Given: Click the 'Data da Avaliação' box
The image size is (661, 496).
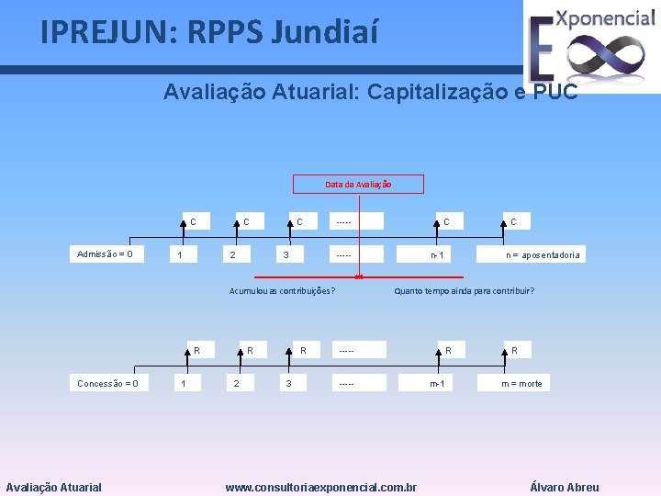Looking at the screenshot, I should pos(358,185).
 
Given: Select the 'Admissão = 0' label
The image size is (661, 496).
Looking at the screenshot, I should pos(105,254).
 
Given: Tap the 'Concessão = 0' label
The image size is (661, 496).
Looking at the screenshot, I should pos(108,383).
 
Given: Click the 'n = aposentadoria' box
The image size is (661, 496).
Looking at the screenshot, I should pos(543,255).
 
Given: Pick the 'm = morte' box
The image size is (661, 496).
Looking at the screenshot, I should pos(521,383).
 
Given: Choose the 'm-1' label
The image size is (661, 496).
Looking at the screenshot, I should pos(438,383).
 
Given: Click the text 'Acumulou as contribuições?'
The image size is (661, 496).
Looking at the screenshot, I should pos(281,291).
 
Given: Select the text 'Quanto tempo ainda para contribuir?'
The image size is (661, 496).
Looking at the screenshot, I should pos(464,291).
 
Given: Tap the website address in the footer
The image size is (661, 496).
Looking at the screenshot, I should pos(321,488).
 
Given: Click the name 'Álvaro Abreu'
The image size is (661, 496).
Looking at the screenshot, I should pos(565,488).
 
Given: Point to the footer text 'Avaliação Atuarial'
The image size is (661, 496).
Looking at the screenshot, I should pos(54,488).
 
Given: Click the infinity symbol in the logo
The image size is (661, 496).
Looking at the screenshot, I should pos(605,56).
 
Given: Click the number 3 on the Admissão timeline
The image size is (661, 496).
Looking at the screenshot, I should pos(286,254).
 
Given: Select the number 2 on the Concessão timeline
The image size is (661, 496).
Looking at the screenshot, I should pos(237,383).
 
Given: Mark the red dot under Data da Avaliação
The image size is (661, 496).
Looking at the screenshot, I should pos(358,276).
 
